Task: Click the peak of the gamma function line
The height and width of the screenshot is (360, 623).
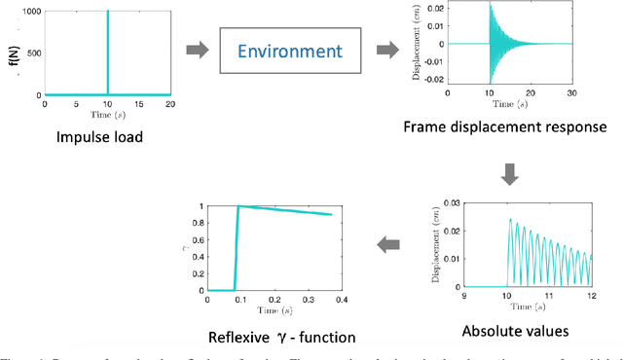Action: (x=238, y=205)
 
